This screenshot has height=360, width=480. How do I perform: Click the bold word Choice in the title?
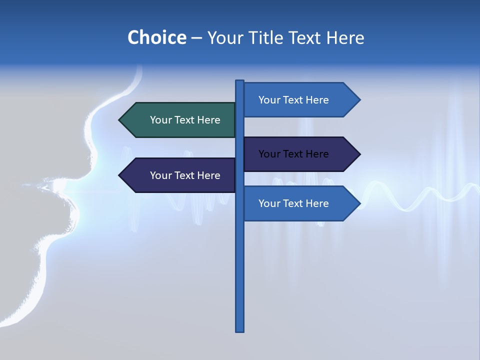pos(156,38)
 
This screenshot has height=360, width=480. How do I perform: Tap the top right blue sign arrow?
pos(300,100)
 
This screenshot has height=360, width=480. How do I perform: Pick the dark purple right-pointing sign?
pos(300,154)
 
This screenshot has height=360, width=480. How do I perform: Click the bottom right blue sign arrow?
pos(300,203)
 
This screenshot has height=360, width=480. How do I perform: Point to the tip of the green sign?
pos(120,120)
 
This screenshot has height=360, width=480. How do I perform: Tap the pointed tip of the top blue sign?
pos(359,100)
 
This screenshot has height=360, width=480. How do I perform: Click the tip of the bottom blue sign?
pos(359,203)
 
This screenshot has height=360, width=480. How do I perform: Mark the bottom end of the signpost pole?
pos(240,330)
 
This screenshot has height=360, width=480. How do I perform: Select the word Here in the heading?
pos(344,38)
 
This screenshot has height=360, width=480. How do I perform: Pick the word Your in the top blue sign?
pos(268,100)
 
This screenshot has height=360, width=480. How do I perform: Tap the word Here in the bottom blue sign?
pos(317,203)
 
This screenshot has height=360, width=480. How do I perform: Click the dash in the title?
pos(196,38)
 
